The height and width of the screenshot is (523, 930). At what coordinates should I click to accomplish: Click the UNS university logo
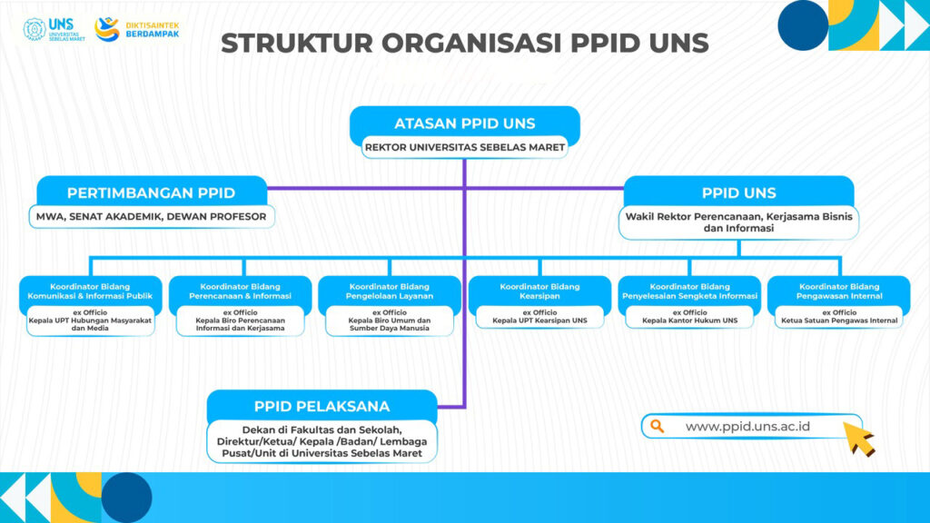pyautogui.click(x=49, y=29)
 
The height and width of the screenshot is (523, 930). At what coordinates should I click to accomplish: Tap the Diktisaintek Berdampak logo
pyautogui.click(x=136, y=29)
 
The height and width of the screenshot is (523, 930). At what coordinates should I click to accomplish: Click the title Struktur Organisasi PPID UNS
pyautogui.click(x=465, y=43)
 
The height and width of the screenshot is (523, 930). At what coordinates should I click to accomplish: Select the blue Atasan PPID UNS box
pyautogui.click(x=464, y=123)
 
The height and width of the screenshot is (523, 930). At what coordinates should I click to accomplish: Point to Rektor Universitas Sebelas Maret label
pyautogui.click(x=464, y=147)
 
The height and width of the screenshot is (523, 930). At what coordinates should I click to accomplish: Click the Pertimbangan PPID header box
pyautogui.click(x=151, y=192)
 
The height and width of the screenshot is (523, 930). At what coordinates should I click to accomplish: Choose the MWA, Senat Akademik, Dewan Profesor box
pyautogui.click(x=151, y=217)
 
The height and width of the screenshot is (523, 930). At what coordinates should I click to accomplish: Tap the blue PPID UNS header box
pyautogui.click(x=738, y=192)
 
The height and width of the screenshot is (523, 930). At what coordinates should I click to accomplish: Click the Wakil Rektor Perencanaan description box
pyautogui.click(x=738, y=222)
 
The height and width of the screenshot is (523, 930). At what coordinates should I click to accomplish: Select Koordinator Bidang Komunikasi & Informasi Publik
pyautogui.click(x=90, y=291)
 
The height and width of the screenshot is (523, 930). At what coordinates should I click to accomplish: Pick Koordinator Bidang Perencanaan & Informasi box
pyautogui.click(x=240, y=291)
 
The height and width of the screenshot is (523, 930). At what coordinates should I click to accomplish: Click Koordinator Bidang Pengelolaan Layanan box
pyautogui.click(x=389, y=291)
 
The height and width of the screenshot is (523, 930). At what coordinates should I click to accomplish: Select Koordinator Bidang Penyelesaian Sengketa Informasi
pyautogui.click(x=689, y=291)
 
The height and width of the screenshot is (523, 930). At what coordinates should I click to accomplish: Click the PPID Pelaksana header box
pyautogui.click(x=322, y=405)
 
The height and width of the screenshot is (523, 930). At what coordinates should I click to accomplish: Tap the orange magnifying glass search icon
pyautogui.click(x=658, y=426)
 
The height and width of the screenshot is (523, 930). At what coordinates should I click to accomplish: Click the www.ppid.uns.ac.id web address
pyautogui.click(x=747, y=426)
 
